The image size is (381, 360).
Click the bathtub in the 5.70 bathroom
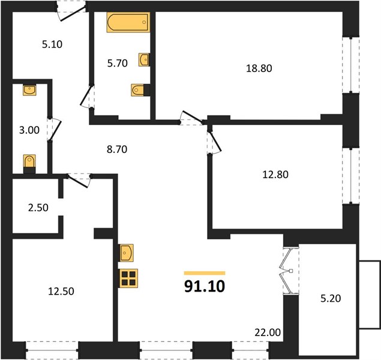tap(128, 22)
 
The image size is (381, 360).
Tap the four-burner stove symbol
tap(128, 278)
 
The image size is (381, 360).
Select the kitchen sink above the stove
tap(127, 253)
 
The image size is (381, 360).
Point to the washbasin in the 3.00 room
tap(29, 90)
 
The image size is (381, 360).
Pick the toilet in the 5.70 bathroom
tap(140, 90)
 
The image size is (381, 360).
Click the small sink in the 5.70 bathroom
tap(144, 59)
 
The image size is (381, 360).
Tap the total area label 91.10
tap(205, 286)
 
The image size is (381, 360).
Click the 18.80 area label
tap(259, 68)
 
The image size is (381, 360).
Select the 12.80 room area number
tap(275, 175)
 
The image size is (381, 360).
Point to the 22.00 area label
tap(268, 332)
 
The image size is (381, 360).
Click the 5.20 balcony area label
tap(331, 298)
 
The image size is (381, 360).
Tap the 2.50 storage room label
tap(38, 208)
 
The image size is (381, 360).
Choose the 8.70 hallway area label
tap(117, 149)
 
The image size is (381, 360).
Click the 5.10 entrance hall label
tap(52, 44)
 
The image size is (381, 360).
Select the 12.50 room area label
tap(61, 291)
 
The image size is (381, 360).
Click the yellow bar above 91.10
tap(205, 273)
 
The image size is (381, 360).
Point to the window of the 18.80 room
tap(351, 65)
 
